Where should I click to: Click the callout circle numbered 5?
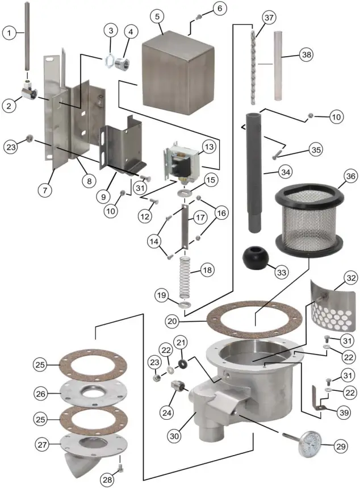click(x=158, y=16)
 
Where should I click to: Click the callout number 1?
click(x=9, y=33)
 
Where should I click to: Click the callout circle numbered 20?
click(x=174, y=320)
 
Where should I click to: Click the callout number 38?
click(x=306, y=55)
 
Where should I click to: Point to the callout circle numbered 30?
click(x=173, y=436)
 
